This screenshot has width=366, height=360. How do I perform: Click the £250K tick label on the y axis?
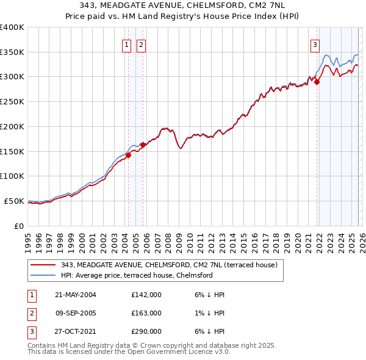pos(12,102)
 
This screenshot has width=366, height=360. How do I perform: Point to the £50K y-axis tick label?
pos(14,201)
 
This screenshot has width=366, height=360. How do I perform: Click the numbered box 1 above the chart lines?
pos(126,44)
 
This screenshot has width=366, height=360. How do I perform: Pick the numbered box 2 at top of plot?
pos(141,44)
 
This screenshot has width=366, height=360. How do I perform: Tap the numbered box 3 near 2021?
pos(315,44)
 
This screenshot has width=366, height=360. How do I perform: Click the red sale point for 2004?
pos(129,155)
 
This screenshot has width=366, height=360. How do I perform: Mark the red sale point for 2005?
pos(143,145)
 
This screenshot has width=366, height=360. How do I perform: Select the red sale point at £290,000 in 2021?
pos(317,82)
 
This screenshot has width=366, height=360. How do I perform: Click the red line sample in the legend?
pos(44,265)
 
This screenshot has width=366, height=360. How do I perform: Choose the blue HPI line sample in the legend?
pos(44,275)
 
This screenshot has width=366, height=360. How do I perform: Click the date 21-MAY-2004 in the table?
pos(76,295)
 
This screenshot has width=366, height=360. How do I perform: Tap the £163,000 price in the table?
pos(146,313)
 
